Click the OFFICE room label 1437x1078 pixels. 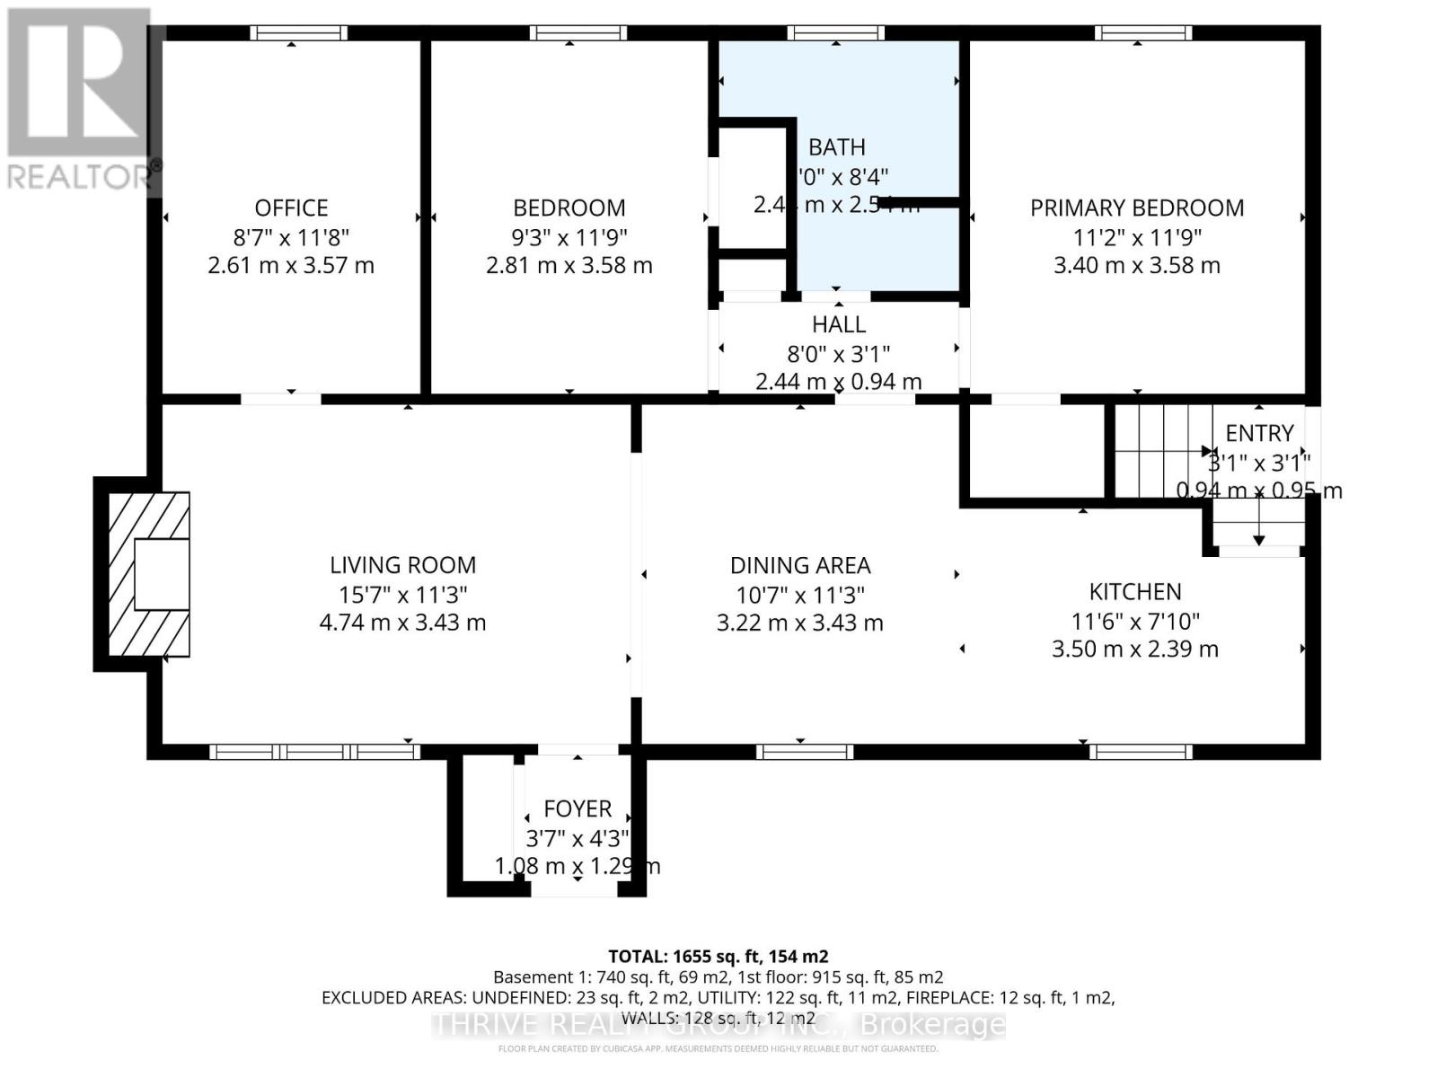tap(291, 208)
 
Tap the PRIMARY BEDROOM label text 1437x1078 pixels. tap(1136, 208)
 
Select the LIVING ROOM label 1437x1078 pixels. tap(402, 565)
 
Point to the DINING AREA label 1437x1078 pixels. tap(799, 565)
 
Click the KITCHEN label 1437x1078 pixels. tap(1134, 591)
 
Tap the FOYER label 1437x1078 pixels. tap(577, 808)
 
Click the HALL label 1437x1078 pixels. tap(838, 324)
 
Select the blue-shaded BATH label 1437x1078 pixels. tap(836, 147)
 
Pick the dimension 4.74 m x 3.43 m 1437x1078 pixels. tap(402, 623)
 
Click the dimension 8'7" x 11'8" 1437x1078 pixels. tap(291, 237)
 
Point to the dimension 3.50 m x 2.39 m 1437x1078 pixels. tap(1134, 649)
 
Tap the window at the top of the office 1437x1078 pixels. tap(298, 33)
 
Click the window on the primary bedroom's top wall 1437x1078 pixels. tap(1142, 33)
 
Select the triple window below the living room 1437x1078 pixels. tap(314, 752)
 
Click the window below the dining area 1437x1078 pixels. tap(804, 752)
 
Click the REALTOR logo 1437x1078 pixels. tap(81, 99)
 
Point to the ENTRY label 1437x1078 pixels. tap(1259, 433)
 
